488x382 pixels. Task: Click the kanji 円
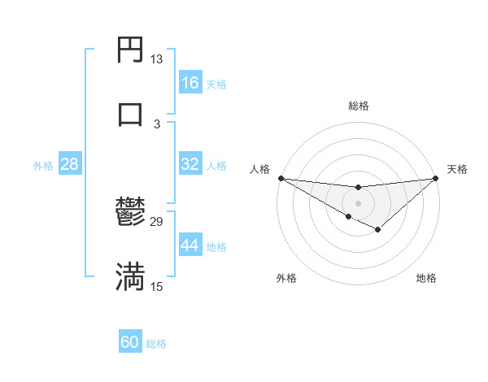131,50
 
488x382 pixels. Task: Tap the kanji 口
131,113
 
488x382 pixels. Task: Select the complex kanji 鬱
131,213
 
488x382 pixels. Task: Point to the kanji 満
131,276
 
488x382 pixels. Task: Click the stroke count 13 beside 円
156,59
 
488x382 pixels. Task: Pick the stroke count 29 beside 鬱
156,222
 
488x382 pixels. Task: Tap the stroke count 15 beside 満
156,286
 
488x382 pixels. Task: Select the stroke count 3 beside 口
156,124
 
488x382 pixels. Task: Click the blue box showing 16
190,83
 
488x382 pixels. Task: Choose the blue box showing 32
190,164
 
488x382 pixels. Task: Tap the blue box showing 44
190,245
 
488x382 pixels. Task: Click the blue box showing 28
70,164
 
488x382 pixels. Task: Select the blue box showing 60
130,342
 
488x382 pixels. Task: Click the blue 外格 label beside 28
43,165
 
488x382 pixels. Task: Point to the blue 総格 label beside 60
156,344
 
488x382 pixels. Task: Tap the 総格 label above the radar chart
358,106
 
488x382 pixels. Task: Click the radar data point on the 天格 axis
436,178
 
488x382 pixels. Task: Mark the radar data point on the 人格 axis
281,178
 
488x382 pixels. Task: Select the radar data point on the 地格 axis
377,231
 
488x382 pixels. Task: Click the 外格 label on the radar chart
286,278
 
